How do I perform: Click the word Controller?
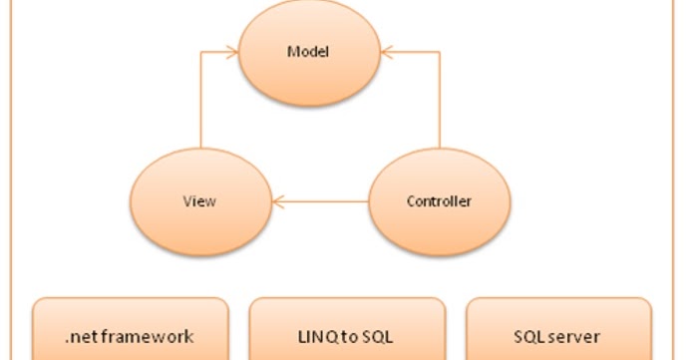[x=439, y=201]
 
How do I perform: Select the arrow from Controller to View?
[x=319, y=201]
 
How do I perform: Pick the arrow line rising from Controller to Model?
[x=440, y=100]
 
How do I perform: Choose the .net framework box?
[x=130, y=329]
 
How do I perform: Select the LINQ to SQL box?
[x=347, y=329]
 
